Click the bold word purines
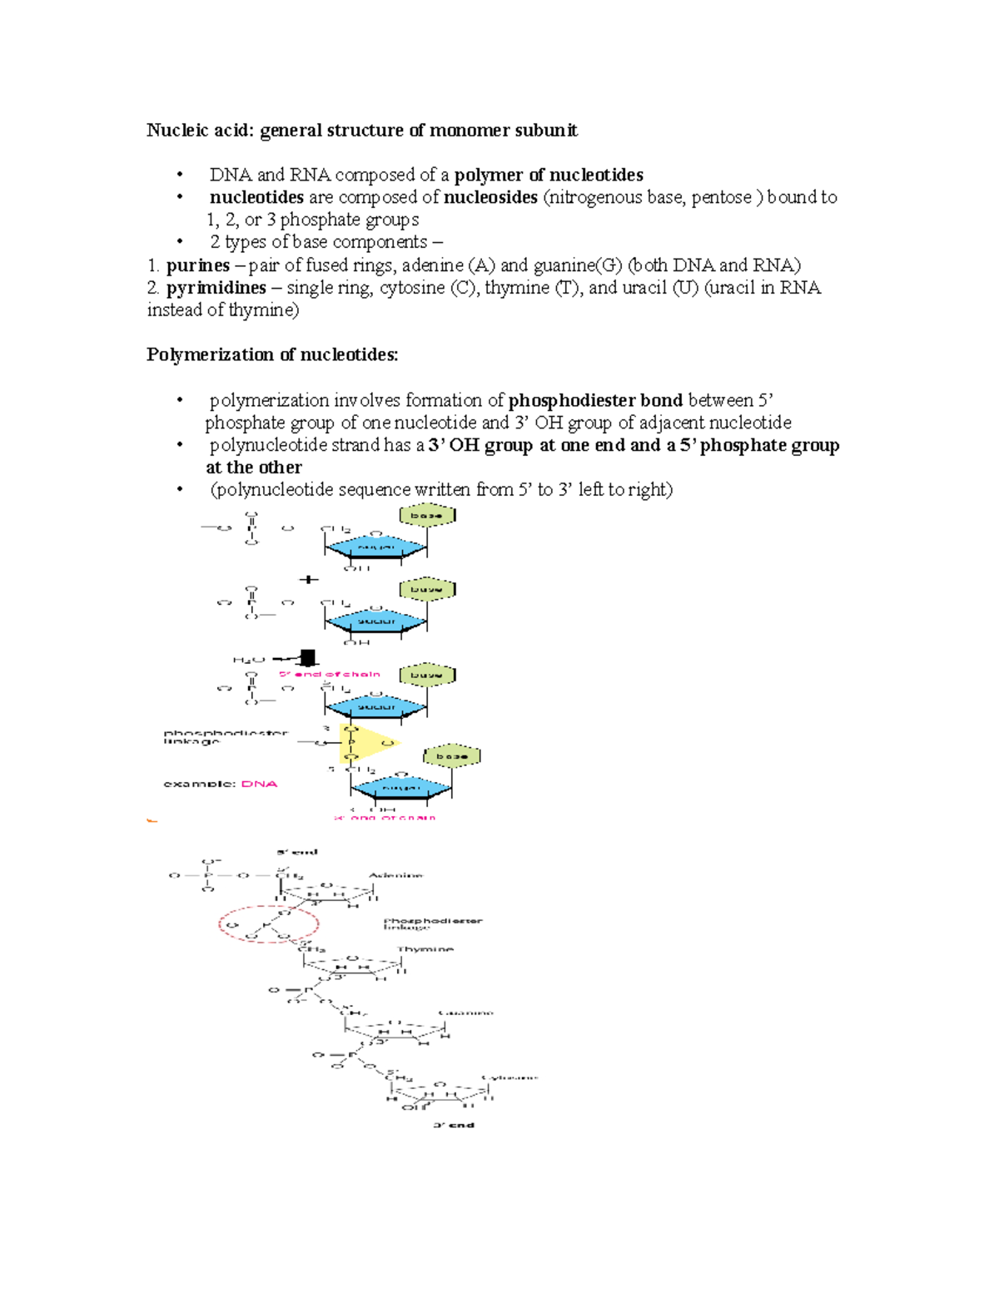(x=197, y=265)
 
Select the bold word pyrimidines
(x=216, y=288)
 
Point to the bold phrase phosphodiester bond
(x=595, y=400)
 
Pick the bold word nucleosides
(x=490, y=197)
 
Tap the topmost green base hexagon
(x=427, y=516)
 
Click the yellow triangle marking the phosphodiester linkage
(x=365, y=742)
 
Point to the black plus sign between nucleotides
(x=309, y=579)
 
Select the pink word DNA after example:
(x=259, y=784)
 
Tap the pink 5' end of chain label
(x=330, y=674)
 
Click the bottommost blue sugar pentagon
(x=400, y=787)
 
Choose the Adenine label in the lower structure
(x=396, y=875)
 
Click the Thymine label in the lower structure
(x=425, y=949)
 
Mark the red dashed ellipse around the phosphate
(x=269, y=924)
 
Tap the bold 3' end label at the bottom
(x=454, y=1125)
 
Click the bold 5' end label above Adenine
(x=297, y=852)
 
